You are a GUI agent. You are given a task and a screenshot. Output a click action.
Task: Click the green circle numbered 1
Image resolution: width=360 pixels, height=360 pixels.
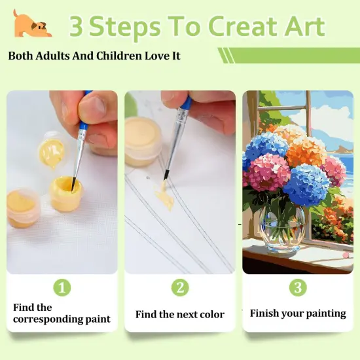point(62,287)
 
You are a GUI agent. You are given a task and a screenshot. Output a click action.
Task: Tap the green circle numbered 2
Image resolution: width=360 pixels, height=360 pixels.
point(180,287)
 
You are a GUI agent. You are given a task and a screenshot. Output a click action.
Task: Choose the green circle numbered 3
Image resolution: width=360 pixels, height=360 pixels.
point(297,287)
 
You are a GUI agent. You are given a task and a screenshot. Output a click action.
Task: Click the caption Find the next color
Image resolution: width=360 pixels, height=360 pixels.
point(180,314)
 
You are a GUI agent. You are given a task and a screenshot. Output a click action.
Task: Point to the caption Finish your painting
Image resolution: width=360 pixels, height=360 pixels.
point(298,313)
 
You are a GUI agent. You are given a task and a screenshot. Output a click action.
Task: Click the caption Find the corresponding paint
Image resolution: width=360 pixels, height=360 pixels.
point(62,314)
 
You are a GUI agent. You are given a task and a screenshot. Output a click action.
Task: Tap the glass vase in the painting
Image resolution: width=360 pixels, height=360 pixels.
point(282,226)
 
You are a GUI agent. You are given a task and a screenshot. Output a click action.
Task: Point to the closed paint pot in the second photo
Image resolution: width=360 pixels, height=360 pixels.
point(143,140)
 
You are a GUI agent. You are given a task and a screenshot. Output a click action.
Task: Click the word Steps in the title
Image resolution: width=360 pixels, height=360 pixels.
point(125,27)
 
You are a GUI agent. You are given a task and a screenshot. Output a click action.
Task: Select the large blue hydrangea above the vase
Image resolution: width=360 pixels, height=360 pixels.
point(306,185)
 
